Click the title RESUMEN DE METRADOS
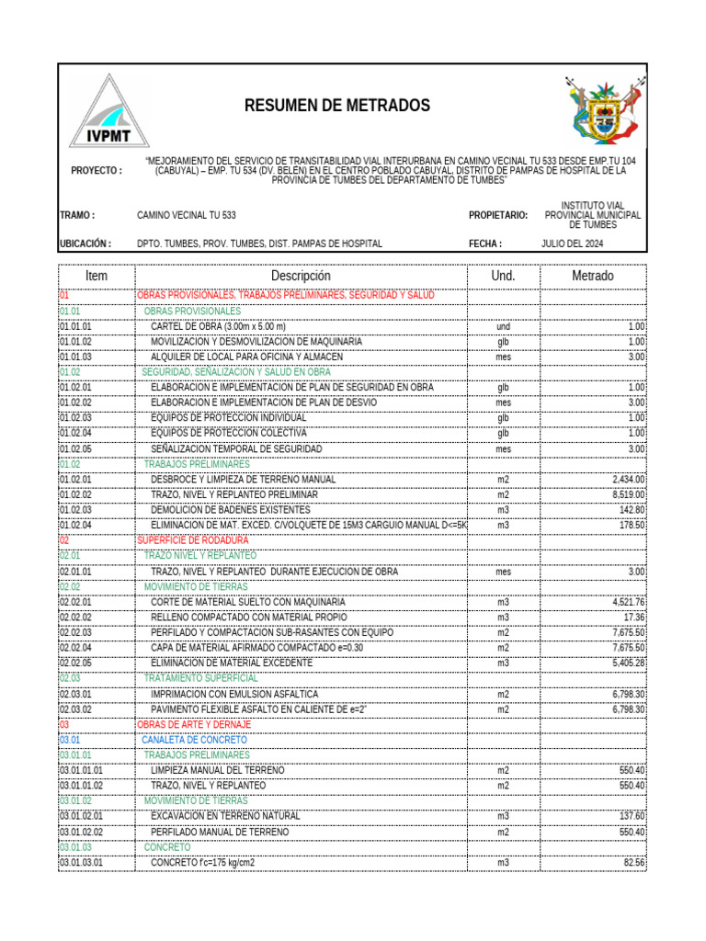(336, 106)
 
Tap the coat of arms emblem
(600, 109)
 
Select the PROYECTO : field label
(97, 170)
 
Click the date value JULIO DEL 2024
(572, 244)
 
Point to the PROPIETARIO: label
(498, 215)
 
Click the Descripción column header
(301, 276)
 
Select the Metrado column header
(593, 276)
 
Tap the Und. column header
(503, 276)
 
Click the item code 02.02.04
(75, 648)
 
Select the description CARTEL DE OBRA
(218, 326)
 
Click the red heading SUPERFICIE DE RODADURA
(192, 540)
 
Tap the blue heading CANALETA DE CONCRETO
(194, 740)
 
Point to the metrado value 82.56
(633, 863)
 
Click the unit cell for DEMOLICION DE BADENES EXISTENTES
(503, 510)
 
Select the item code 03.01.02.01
(81, 816)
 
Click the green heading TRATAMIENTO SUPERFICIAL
(201, 678)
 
